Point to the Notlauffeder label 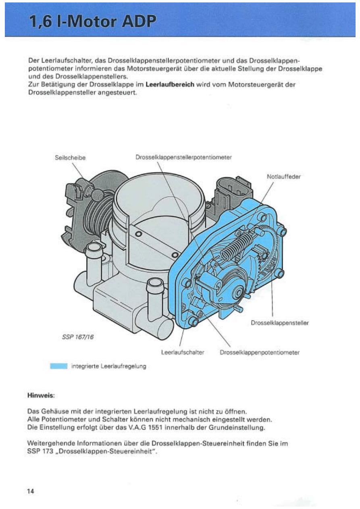coord(284,176)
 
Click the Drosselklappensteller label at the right coord(279,323)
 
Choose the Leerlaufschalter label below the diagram coord(183,352)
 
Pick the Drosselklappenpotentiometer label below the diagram coord(260,352)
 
